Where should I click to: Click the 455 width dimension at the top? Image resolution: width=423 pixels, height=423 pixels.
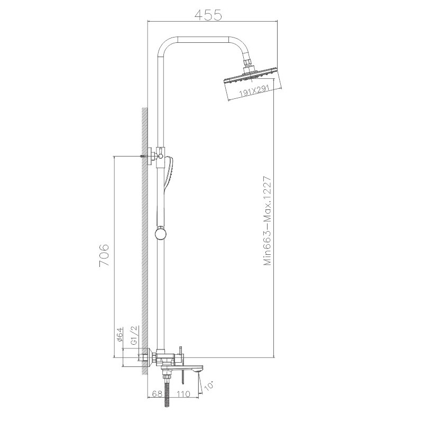208,15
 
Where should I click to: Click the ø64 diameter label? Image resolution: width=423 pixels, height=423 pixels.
120,334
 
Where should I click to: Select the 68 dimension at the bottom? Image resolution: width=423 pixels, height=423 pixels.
157,394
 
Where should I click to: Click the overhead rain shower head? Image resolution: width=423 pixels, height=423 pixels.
251,79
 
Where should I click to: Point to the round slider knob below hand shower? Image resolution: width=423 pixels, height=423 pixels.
160,233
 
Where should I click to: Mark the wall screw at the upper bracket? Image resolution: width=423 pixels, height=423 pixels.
143,156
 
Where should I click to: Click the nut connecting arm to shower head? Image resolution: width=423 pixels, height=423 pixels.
248,68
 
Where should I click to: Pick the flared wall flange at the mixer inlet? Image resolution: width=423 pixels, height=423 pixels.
151,359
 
